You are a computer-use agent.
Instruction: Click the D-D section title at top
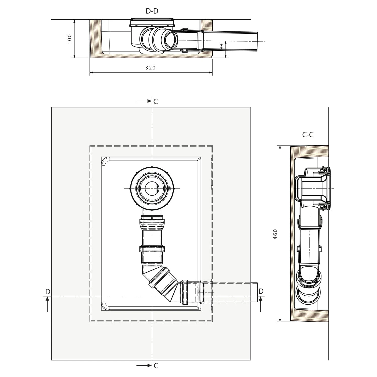tap(152, 11)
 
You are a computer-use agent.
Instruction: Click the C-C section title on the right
tap(308, 135)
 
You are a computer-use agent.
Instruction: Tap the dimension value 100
tap(70, 39)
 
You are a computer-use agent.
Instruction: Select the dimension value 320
tap(150, 68)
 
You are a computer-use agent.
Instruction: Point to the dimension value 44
tap(221, 46)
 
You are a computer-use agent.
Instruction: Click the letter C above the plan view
tap(156, 102)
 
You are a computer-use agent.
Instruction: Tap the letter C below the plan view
tap(156, 366)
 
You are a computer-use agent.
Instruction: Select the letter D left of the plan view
tap(48, 292)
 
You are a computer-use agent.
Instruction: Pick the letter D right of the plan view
tap(261, 291)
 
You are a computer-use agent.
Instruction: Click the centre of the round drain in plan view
tap(152, 188)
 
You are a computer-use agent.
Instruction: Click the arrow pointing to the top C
tap(144, 101)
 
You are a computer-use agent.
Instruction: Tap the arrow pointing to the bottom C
tap(144, 365)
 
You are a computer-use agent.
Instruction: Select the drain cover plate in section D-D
tap(152, 19)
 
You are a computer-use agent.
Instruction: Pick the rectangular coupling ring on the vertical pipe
tap(152, 249)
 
